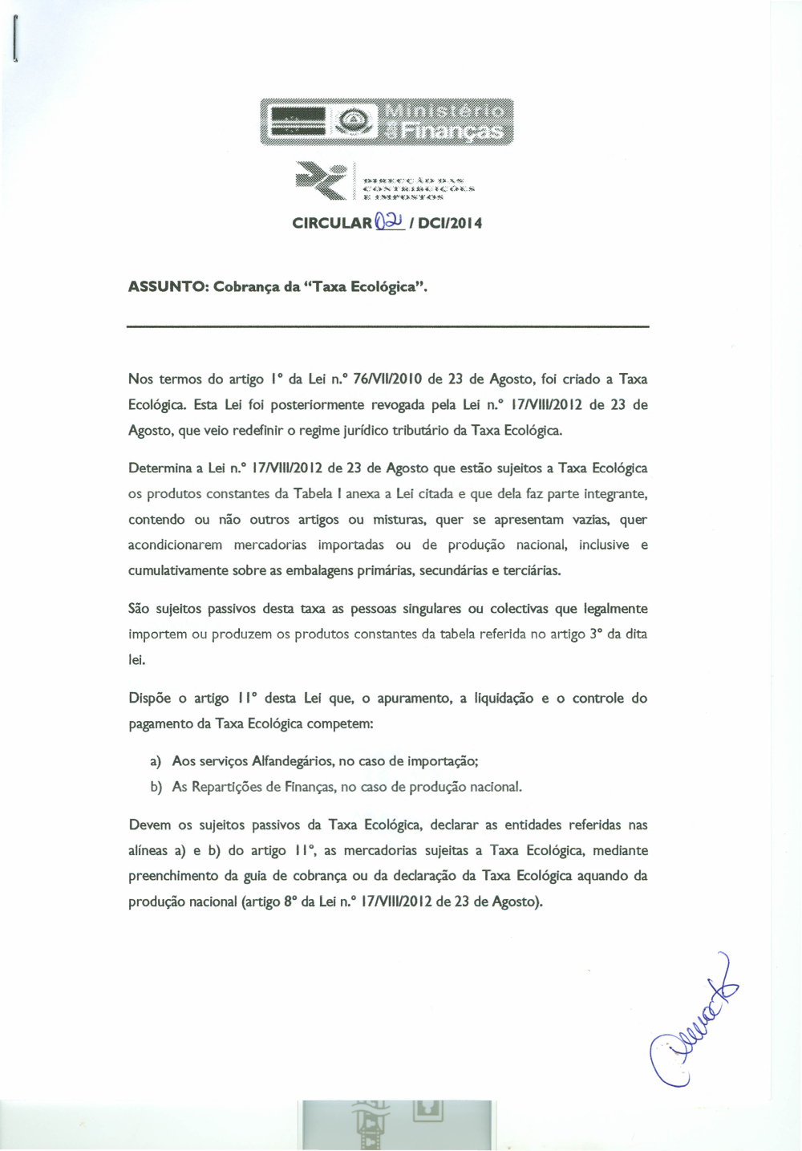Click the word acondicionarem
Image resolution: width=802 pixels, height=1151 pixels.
tap(175, 545)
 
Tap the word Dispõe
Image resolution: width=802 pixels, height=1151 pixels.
tap(149, 698)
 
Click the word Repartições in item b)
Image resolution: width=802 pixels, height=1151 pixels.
tap(226, 786)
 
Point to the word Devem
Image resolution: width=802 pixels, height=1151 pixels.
tap(149, 825)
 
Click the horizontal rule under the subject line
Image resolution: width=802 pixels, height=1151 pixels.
tap(388, 326)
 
